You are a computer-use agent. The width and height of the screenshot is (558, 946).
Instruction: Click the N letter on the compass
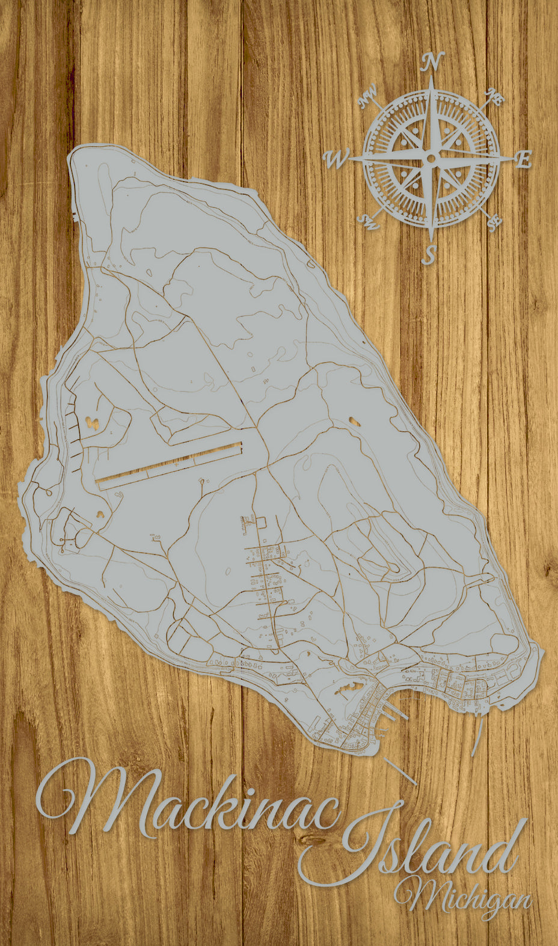432,61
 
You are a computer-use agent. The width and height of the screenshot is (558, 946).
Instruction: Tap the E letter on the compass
524,159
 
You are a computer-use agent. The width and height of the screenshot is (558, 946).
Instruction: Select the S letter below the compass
428,254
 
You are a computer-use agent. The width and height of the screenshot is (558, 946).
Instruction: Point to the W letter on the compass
336,159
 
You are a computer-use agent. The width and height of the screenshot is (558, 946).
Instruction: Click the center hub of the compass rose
431,158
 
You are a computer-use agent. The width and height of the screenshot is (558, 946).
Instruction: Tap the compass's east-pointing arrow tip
514,158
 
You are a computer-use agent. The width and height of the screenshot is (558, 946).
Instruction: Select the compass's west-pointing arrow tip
348,159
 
